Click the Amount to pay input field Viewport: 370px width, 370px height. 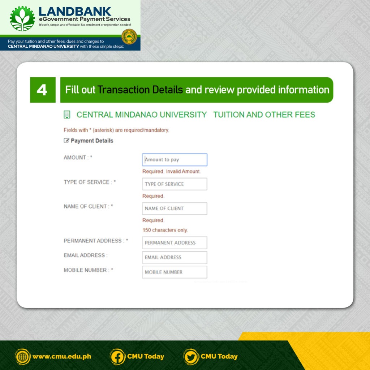175,160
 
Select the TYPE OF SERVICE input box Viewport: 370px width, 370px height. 175,184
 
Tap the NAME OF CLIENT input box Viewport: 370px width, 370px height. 175,208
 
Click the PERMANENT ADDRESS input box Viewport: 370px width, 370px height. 175,242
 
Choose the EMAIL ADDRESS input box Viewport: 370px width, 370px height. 175,257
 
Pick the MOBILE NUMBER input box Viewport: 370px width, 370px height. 175,272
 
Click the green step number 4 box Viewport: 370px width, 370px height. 43,90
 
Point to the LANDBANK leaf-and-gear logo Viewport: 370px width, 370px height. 22,19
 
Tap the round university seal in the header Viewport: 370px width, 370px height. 129,36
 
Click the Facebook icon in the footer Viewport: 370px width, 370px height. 117,357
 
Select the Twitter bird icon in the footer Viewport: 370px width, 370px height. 191,357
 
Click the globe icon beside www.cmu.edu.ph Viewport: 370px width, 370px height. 23,357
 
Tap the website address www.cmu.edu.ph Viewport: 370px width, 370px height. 62,357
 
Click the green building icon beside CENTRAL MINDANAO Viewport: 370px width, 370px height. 67,115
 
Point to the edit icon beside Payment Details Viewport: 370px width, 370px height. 66,141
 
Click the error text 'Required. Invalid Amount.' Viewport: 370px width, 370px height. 172,172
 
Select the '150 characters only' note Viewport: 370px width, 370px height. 165,230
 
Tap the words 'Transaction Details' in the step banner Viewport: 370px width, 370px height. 140,90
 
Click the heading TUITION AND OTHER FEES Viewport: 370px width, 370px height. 264,115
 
